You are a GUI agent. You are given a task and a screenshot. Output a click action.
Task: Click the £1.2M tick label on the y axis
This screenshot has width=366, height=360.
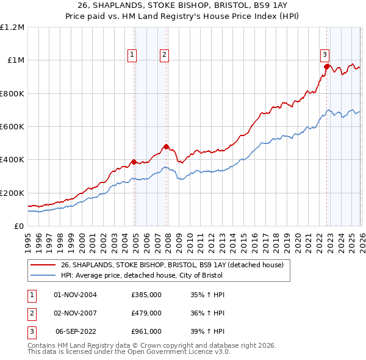(12, 27)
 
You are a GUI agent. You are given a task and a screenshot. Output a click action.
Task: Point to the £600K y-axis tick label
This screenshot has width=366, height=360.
(12, 127)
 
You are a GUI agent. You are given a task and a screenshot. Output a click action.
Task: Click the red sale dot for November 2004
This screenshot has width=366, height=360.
(134, 162)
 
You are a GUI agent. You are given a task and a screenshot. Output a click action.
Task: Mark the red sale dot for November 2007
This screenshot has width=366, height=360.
(166, 147)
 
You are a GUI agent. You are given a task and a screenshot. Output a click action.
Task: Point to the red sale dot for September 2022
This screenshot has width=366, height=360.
(327, 67)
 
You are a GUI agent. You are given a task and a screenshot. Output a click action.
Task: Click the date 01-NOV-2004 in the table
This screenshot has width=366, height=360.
(76, 295)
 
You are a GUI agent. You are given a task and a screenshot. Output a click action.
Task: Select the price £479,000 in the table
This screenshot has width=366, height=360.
(146, 313)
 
